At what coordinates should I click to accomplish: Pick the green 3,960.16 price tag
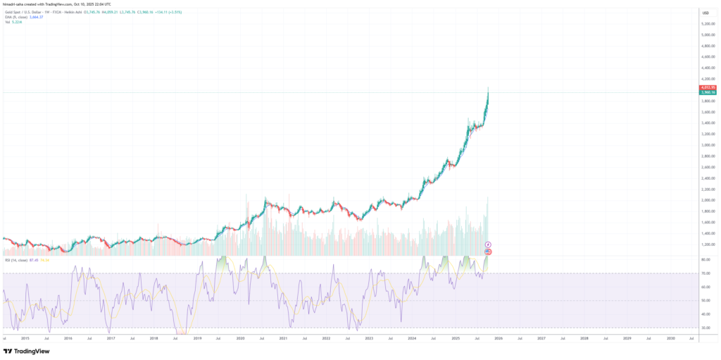pos(707,92)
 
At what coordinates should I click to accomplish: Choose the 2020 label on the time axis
pos(239,339)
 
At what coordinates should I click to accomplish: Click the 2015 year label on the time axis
pos(25,339)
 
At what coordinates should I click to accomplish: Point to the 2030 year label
pos(670,339)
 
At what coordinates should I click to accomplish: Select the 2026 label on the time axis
pos(498,339)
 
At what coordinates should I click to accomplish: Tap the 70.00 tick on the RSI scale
pos(706,273)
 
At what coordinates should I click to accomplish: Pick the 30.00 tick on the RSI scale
pos(706,328)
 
